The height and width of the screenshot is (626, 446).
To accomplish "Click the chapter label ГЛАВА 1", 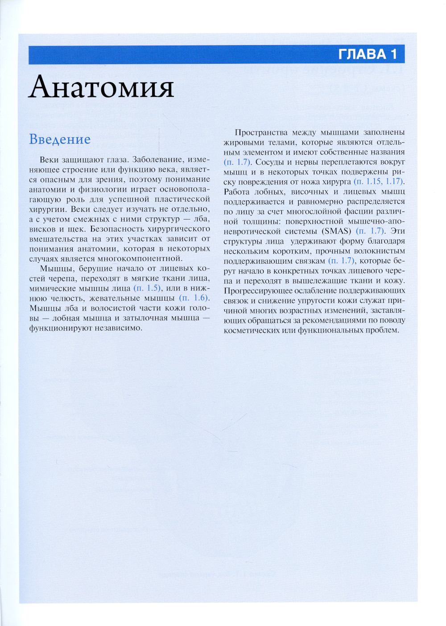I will [x=367, y=54].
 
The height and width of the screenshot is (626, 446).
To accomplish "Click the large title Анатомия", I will [x=101, y=87].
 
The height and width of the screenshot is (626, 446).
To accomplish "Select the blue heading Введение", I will [x=60, y=139].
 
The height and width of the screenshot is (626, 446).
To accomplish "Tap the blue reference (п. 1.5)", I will [x=147, y=288].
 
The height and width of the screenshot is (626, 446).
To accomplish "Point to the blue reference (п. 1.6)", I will [x=194, y=298].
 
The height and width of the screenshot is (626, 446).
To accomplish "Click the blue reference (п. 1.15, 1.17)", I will [x=379, y=182].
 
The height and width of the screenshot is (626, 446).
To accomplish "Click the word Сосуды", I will [x=269, y=162].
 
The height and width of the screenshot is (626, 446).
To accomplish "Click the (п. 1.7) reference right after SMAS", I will [x=370, y=231].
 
